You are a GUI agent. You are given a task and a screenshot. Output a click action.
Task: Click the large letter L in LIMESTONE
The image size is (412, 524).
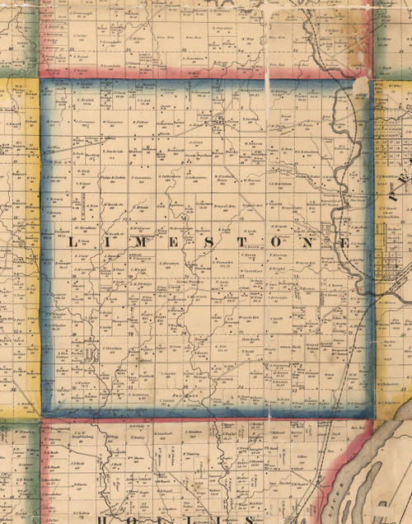71,243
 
